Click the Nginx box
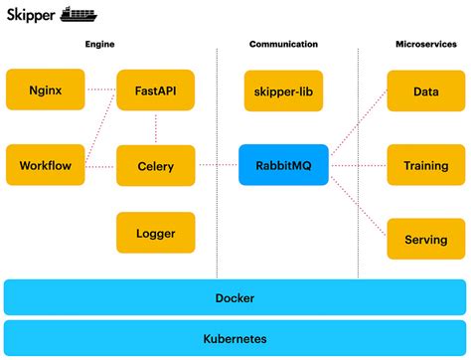coord(46,90)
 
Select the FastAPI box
coord(155,90)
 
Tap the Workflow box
coord(46,165)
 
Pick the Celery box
coord(155,165)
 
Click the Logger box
coord(155,234)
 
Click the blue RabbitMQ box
coord(283,165)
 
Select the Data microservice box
coord(425,90)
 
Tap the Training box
coord(425,165)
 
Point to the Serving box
coord(425,240)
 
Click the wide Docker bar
coord(235,297)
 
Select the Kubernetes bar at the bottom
coord(235,338)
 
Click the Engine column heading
coord(101,45)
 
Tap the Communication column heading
coord(283,45)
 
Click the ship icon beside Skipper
coord(80,14)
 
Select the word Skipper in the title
coord(31,15)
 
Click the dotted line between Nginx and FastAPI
coord(101,90)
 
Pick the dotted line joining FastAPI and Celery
coord(155,127)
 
